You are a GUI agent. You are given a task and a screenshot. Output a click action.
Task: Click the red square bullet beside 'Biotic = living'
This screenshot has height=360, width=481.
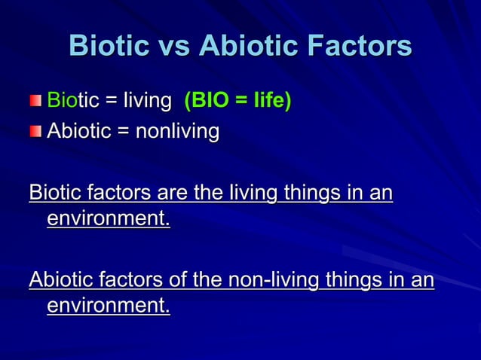click(37, 101)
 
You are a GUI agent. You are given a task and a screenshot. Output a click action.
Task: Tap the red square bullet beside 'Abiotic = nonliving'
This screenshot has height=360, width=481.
click(37, 133)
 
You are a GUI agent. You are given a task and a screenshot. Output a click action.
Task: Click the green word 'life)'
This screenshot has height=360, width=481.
click(271, 101)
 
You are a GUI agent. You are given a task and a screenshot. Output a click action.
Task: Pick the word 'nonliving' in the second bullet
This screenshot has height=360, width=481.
click(178, 133)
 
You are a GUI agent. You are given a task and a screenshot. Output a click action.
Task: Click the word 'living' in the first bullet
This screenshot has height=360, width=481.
click(147, 101)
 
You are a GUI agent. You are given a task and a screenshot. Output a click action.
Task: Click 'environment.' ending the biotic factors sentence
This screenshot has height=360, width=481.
click(108, 220)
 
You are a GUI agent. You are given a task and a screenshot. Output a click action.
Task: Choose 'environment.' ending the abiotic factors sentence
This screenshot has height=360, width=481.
click(108, 307)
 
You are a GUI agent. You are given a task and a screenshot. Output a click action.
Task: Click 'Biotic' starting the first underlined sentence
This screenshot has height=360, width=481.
click(55, 193)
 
